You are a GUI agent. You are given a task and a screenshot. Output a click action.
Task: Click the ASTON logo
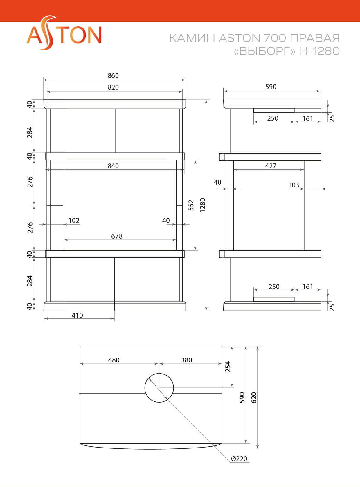click(x=64, y=34)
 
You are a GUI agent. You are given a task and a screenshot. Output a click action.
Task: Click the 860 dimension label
click(x=113, y=76)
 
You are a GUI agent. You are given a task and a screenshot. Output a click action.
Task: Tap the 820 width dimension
click(x=113, y=87)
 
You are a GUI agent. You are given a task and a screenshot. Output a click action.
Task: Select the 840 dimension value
click(x=113, y=166)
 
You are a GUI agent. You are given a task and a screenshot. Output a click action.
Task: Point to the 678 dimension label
click(x=117, y=236)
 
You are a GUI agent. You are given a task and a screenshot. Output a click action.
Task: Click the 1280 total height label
click(x=203, y=205)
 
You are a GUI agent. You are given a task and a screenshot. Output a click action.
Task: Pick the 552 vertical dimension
click(x=191, y=205)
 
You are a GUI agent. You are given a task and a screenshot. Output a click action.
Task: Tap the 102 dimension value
click(x=74, y=221)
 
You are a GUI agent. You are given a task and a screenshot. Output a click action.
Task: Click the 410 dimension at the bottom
click(x=77, y=315)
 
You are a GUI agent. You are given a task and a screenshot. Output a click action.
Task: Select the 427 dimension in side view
click(x=271, y=166)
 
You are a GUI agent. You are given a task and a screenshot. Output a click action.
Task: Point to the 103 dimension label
click(x=294, y=185)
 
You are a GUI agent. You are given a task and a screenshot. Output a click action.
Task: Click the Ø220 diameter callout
click(x=239, y=459)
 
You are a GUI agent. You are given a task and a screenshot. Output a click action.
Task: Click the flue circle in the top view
click(x=159, y=388)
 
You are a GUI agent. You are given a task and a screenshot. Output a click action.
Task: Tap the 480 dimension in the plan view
click(x=114, y=360)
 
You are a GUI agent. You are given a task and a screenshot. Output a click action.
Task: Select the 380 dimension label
click(x=186, y=360)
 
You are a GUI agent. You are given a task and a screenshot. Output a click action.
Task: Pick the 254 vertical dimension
click(x=228, y=367)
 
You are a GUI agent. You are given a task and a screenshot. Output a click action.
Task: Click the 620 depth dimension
click(x=254, y=398)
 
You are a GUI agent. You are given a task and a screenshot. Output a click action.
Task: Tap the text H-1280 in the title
click(x=319, y=51)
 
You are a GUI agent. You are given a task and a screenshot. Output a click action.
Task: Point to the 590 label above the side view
click(x=271, y=87)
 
